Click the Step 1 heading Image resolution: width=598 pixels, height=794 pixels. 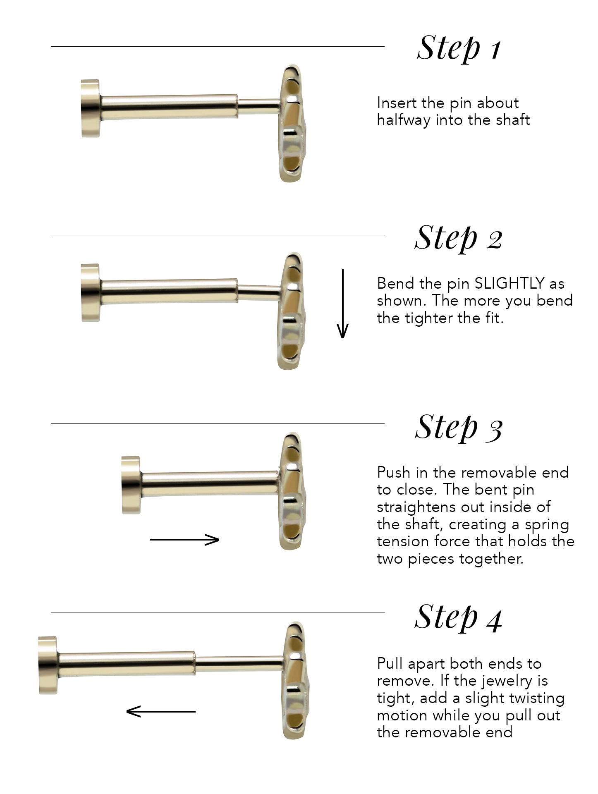click(459, 48)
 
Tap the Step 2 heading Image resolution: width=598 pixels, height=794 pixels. click(458, 238)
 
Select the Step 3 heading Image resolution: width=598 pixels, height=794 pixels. click(458, 427)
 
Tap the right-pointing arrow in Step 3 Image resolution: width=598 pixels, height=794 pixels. click(184, 540)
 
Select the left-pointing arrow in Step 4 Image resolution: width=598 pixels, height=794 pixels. click(161, 711)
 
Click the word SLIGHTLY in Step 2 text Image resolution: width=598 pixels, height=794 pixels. click(509, 284)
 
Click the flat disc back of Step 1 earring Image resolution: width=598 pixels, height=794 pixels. click(90, 108)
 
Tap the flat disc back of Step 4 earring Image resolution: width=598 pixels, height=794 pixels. click(47, 665)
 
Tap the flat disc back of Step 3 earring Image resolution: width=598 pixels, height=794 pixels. click(130, 485)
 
